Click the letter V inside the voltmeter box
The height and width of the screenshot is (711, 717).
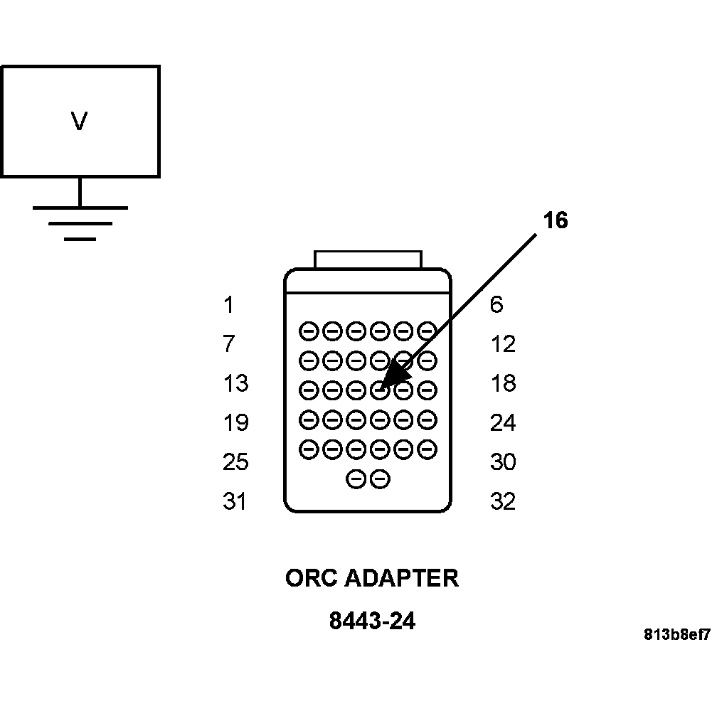coord(79,122)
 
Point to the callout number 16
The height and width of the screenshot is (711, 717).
coord(556,221)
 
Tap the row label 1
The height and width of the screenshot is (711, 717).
coord(228,306)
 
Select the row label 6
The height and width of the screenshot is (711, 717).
coord(496,306)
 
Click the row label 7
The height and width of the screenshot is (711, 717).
coord(228,345)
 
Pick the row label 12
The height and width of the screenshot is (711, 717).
coord(502,345)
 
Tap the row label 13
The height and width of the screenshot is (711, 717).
coord(235,384)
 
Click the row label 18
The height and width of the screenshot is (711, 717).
coord(502,384)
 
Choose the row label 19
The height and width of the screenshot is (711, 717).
coord(235,424)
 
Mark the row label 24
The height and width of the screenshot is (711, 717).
coord(502,424)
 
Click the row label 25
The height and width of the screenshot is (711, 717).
coord(235,463)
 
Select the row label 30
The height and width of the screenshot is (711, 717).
coord(502,463)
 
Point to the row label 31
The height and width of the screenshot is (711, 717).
coord(235,502)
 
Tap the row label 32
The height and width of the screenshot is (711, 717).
coord(502,502)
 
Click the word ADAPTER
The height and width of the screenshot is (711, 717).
coord(402,578)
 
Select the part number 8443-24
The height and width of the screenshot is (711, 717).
coord(371,621)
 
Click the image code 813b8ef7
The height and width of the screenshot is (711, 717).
coord(677,634)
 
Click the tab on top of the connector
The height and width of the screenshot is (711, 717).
coord(368,260)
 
